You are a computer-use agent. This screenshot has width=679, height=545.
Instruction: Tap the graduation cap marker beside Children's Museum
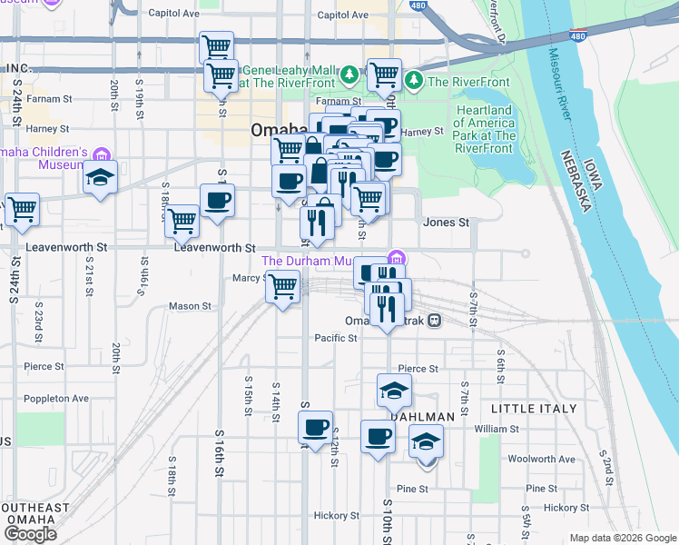(100, 178)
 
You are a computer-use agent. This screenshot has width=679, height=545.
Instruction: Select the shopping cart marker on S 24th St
(22, 209)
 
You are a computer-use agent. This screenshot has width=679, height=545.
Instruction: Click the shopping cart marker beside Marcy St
(283, 287)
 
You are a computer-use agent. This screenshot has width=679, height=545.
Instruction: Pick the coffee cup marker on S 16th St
(216, 200)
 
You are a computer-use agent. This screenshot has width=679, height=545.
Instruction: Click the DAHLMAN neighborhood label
(422, 416)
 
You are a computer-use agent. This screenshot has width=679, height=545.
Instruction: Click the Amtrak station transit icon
(435, 320)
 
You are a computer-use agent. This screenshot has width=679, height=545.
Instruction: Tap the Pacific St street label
(336, 338)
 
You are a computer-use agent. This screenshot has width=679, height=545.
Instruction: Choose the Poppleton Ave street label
(56, 398)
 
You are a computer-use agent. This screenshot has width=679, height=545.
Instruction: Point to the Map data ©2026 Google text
(622, 538)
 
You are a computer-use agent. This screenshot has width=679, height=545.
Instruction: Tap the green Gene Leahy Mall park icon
(349, 72)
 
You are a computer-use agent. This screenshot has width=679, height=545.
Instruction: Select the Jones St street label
(446, 223)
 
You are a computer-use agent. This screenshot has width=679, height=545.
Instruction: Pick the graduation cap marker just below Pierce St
(394, 391)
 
